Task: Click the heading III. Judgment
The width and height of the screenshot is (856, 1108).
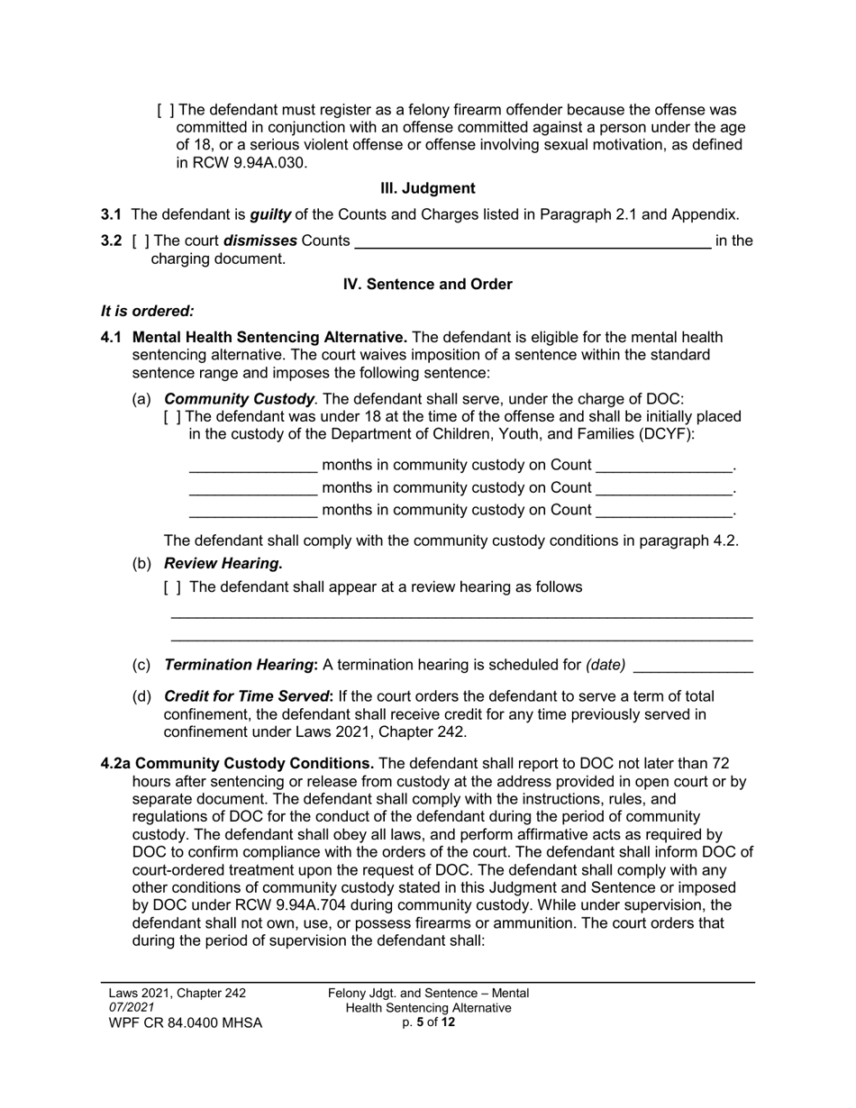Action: (427, 188)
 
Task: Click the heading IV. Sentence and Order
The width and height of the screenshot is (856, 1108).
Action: (427, 285)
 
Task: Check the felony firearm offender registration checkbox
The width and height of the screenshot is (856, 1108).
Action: (166, 111)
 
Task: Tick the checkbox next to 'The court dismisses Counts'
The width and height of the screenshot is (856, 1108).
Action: (141, 241)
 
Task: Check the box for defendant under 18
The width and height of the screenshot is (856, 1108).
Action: (173, 417)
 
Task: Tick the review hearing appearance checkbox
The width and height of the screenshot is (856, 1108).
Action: (173, 587)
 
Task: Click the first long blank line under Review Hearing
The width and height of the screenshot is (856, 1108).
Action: (461, 616)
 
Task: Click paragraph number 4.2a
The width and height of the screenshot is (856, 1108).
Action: (115, 764)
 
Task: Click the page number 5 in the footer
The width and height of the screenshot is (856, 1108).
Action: (420, 1022)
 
